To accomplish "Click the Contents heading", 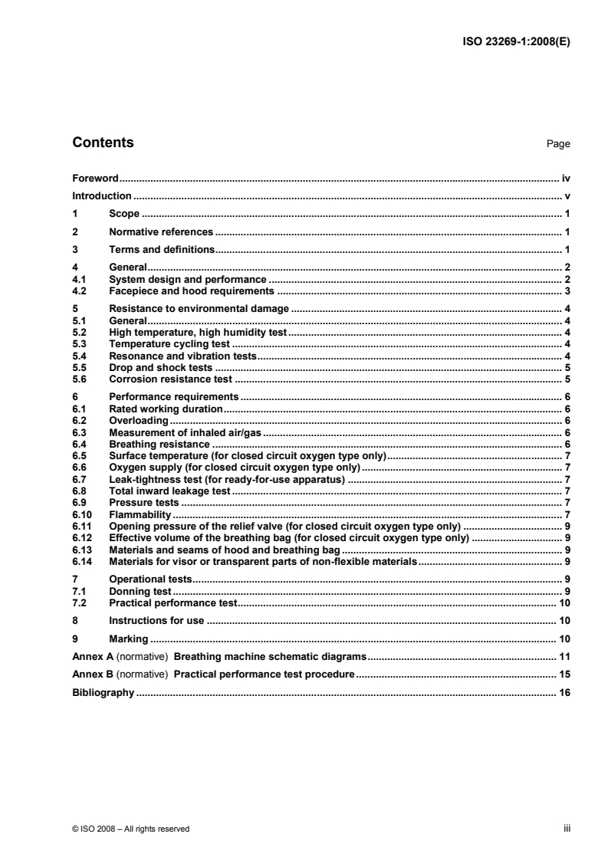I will [103, 143].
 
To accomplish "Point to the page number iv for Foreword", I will [565, 177].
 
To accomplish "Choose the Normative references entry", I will [161, 231].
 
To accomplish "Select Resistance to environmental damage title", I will [199, 309].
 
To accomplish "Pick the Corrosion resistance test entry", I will [170, 379].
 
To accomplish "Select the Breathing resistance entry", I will [159, 443].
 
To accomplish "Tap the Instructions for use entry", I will [158, 620].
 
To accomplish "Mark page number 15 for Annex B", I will [563, 675].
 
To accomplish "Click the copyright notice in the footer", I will [130, 828].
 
